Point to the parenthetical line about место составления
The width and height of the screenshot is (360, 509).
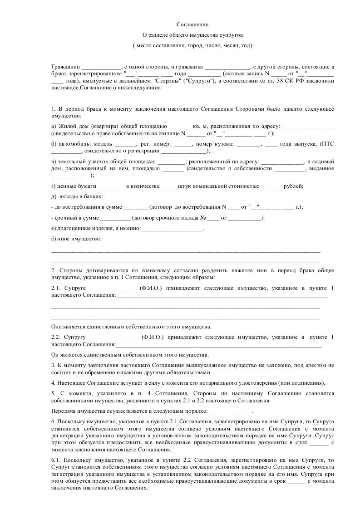tap(192, 45)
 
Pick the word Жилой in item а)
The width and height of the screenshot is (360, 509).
tap(68, 126)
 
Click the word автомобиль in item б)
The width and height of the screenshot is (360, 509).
tap(74, 144)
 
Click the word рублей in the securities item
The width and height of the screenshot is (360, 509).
tap(292, 186)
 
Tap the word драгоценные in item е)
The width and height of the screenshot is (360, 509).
tap(74, 228)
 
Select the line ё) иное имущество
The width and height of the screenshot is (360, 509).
tap(76, 239)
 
